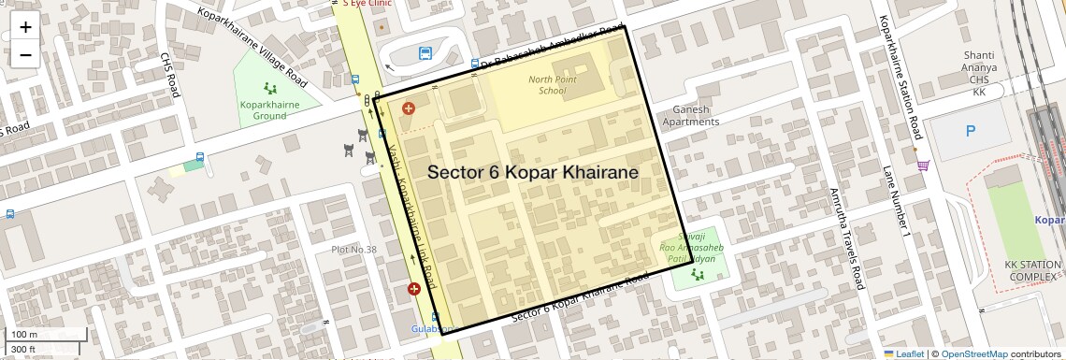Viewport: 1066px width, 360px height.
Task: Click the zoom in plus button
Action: click(x=25, y=27)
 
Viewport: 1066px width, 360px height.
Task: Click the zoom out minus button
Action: click(x=25, y=54)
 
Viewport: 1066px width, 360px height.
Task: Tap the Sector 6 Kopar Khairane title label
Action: click(x=533, y=173)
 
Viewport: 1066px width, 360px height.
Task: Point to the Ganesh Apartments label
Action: click(x=692, y=115)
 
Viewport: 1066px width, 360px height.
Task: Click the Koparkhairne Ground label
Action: click(x=269, y=110)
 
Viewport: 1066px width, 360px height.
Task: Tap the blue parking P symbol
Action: click(x=970, y=131)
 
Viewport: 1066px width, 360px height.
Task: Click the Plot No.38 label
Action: click(x=353, y=250)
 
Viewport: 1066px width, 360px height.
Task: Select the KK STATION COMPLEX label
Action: click(x=1030, y=271)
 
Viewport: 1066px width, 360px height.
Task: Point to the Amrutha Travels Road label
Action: click(x=845, y=238)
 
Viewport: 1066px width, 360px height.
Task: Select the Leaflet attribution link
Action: click(x=903, y=353)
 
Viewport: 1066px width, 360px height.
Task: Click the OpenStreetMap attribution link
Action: click(x=973, y=353)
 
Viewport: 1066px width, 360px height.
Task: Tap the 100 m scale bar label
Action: click(x=24, y=334)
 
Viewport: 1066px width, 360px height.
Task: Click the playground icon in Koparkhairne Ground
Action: click(x=271, y=89)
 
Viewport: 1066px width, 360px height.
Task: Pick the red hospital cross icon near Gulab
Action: click(x=414, y=290)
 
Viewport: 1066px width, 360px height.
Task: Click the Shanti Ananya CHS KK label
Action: click(x=979, y=74)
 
